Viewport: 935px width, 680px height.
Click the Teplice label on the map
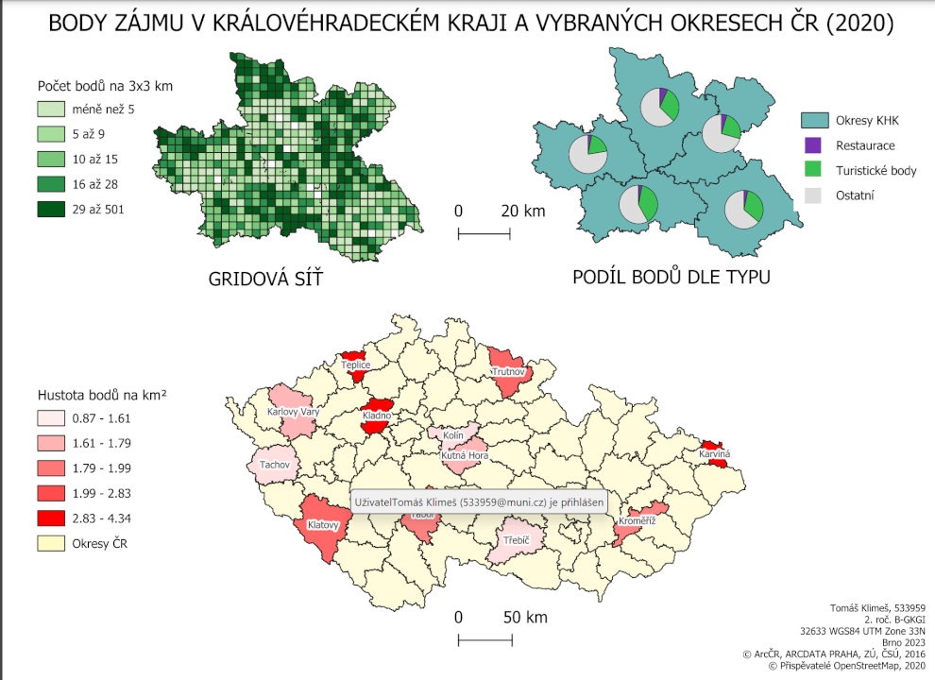[356, 365]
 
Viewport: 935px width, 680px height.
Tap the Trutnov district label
[508, 373]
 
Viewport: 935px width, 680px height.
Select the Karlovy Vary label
[294, 412]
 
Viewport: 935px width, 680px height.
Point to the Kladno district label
[377, 416]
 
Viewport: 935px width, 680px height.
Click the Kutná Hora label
[465, 455]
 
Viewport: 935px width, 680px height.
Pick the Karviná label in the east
[715, 454]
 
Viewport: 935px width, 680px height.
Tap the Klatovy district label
[323, 524]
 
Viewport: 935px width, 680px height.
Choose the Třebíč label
[517, 539]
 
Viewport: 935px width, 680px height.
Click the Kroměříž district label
[637, 521]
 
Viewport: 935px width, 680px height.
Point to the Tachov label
[275, 464]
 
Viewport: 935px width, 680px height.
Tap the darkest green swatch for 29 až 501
[50, 209]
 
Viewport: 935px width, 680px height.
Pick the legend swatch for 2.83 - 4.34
[50, 518]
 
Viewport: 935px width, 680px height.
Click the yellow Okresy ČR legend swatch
[50, 543]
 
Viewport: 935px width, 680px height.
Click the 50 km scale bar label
[524, 618]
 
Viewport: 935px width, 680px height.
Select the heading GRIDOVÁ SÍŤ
[258, 280]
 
